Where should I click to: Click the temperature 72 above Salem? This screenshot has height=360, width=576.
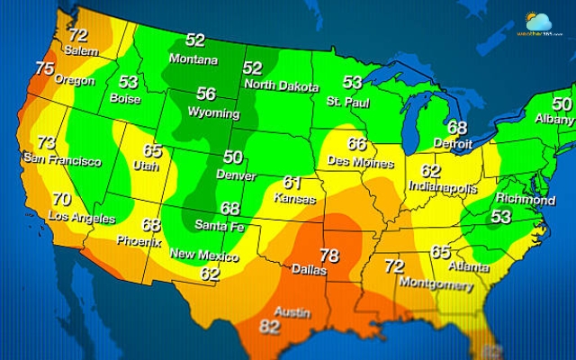click(x=78, y=36)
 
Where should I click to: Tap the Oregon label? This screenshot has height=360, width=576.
click(x=73, y=79)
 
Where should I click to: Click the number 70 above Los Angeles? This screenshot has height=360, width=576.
click(x=61, y=199)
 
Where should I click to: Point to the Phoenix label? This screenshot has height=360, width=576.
click(x=139, y=241)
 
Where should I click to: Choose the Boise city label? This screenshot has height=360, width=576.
click(x=124, y=99)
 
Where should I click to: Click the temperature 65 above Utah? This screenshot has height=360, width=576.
click(x=153, y=150)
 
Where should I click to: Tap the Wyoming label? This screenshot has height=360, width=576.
click(x=213, y=113)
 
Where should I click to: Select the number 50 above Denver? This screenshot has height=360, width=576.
click(x=233, y=157)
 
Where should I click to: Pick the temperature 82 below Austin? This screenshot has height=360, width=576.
click(x=269, y=327)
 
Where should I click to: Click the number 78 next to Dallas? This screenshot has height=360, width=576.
click(x=329, y=256)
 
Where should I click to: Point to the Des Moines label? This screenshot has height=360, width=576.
click(x=360, y=163)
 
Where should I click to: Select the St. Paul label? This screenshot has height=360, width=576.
click(x=347, y=99)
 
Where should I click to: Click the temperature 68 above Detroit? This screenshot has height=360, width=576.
click(x=457, y=127)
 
